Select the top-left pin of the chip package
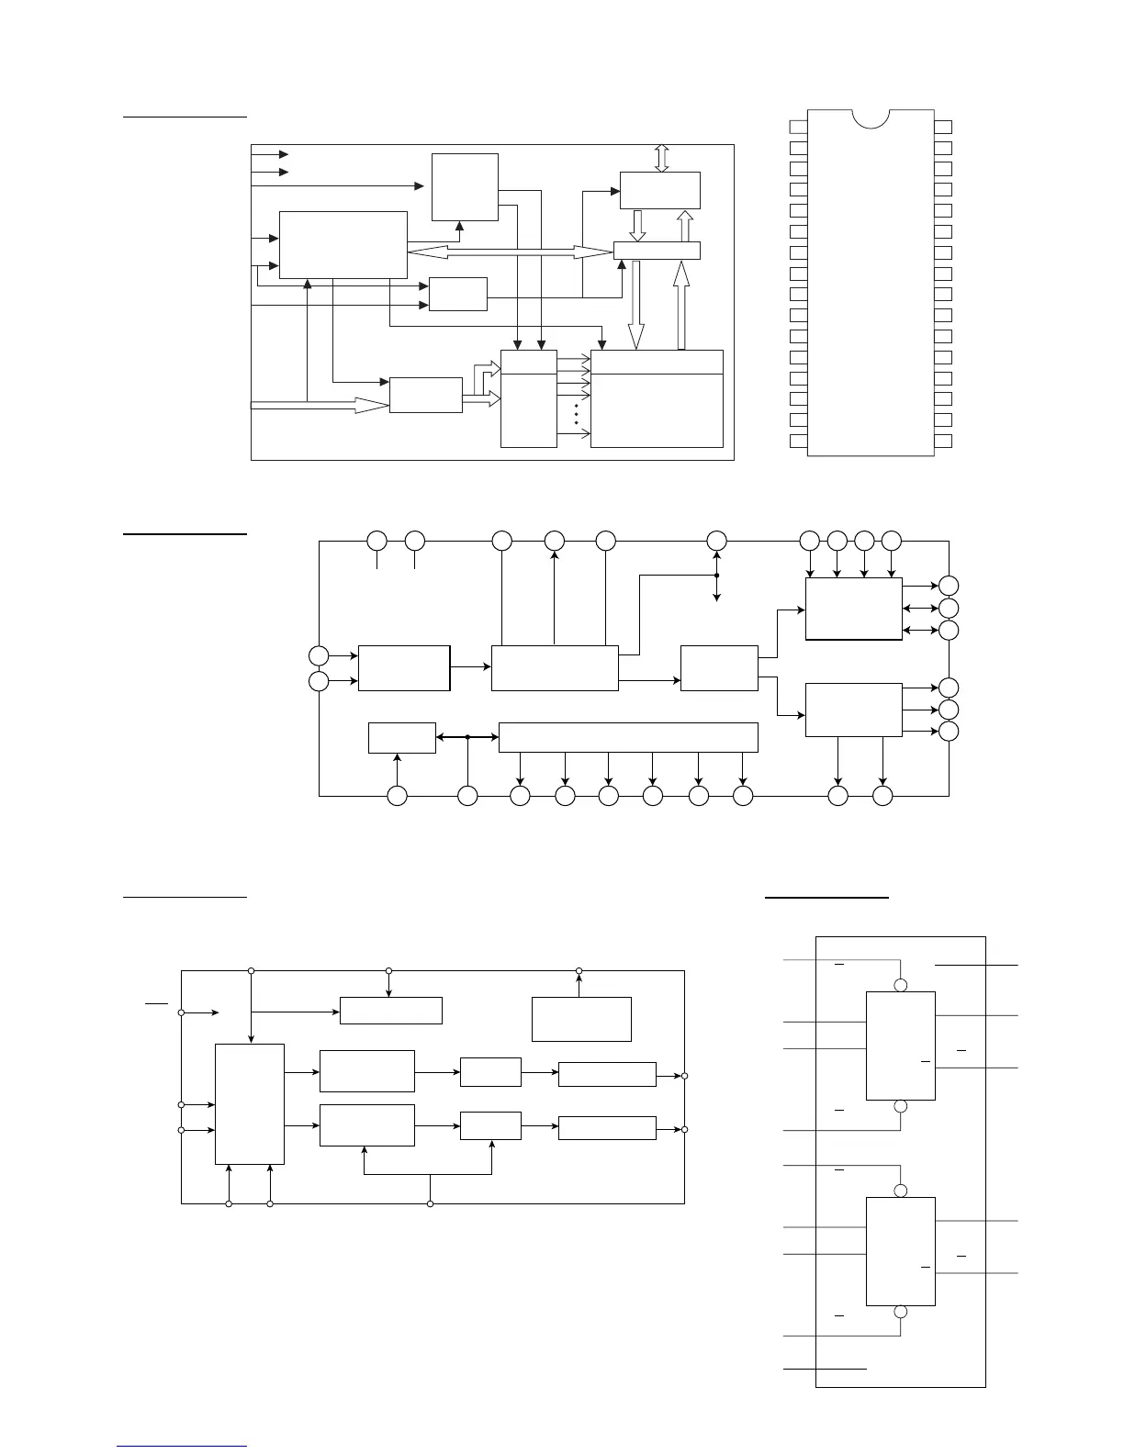798,127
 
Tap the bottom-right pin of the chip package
943,442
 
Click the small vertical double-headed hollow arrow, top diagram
661,158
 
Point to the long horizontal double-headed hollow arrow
510,251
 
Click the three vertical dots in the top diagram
576,413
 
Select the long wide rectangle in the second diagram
628,737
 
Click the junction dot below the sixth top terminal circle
716,576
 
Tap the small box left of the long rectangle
401,738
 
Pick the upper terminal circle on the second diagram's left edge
319,655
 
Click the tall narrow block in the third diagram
249,1103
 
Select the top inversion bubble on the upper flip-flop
901,985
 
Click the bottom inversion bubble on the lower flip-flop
901,1312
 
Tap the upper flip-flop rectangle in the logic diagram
901,1046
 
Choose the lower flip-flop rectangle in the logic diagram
901,1251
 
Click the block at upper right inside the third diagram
581,1019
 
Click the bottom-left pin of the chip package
798,442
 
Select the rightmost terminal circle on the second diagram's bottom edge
882,797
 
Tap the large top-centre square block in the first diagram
465,187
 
